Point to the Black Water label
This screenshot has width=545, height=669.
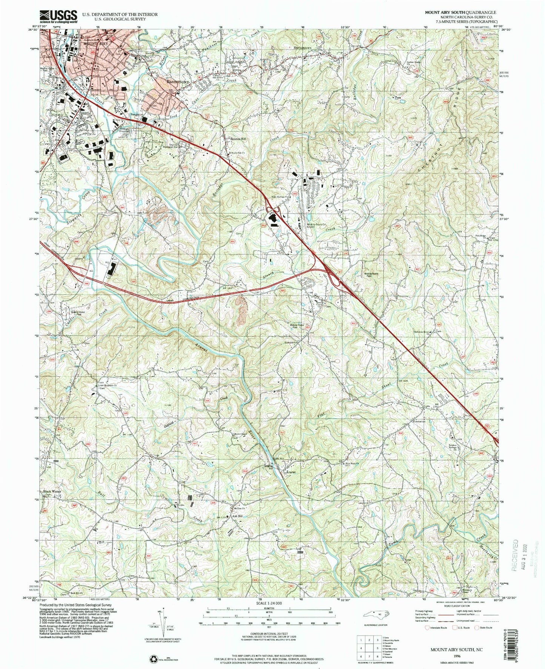(52, 492)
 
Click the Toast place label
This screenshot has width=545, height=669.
(47, 57)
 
